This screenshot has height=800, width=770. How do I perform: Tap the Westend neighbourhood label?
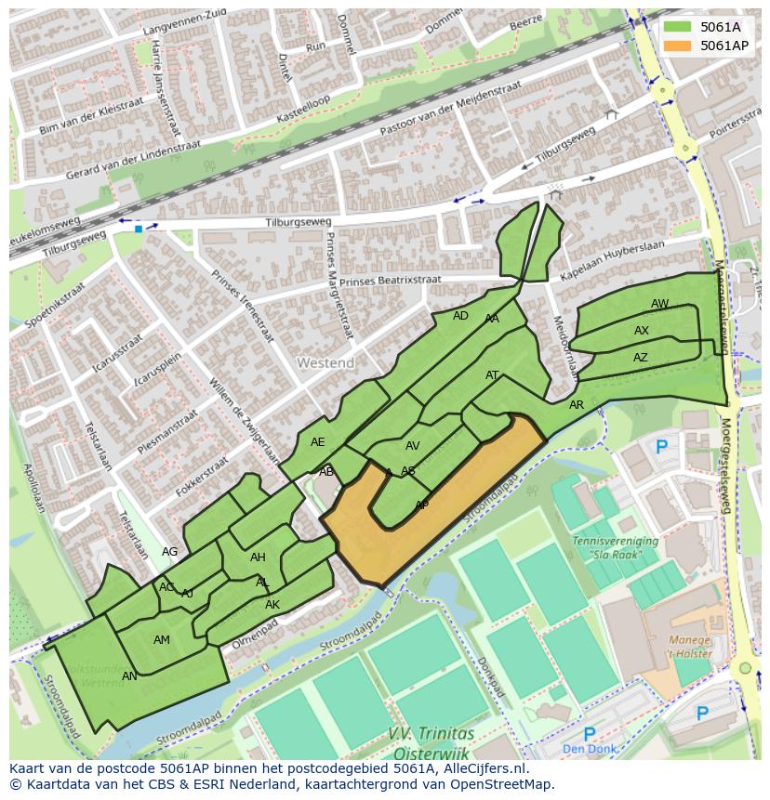point(325,361)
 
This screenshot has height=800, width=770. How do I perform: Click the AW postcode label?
point(659,304)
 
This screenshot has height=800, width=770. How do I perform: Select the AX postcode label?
point(642,331)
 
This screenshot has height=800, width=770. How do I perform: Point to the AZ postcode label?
point(641,358)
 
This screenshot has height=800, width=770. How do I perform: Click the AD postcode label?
point(460,316)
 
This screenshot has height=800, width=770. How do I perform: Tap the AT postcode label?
point(493,375)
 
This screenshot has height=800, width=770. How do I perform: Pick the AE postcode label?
point(318,442)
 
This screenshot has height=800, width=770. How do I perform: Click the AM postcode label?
point(162,640)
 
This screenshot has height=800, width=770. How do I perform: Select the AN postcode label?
point(129,676)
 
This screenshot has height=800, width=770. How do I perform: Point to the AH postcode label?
point(258,557)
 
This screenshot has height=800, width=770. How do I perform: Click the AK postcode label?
point(272,605)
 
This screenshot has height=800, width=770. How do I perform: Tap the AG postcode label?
point(169,552)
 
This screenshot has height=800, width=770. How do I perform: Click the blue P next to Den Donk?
point(589,734)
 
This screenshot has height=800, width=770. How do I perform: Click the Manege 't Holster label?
point(691,647)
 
